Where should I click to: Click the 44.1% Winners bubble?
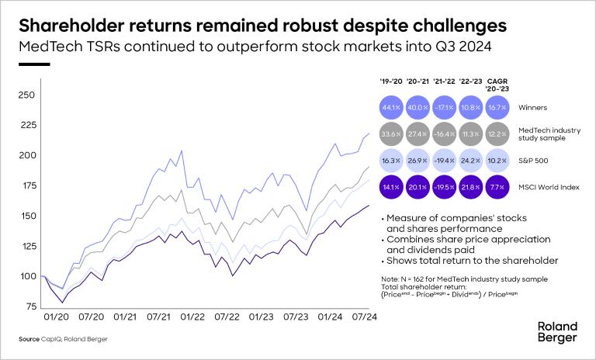(390, 107)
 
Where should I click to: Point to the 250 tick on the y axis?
(27, 95)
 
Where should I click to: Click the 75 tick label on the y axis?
(30, 306)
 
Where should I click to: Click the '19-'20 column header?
(390, 80)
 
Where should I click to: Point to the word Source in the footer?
(29, 340)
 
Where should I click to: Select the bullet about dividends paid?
(449, 245)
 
